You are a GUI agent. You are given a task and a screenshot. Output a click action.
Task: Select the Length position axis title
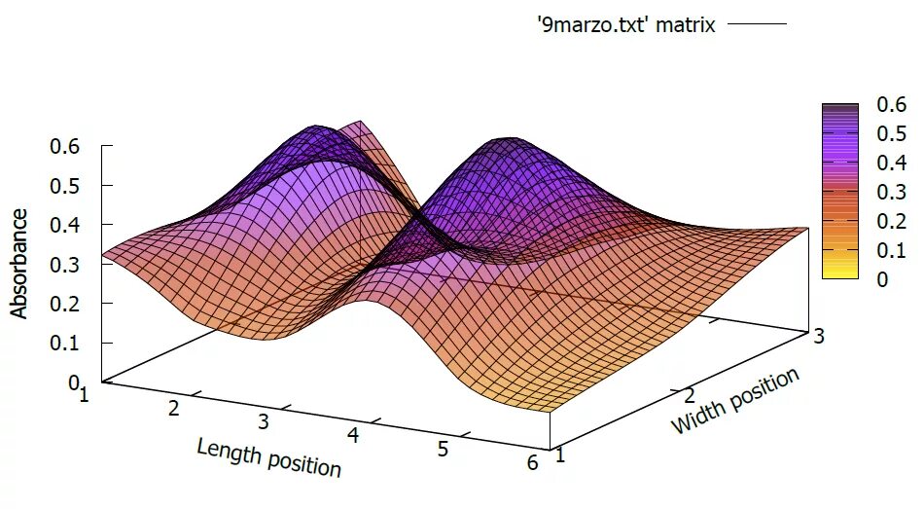(268, 457)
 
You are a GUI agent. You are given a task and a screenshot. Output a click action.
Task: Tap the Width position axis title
(735, 401)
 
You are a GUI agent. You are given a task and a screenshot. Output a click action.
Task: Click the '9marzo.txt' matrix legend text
(625, 25)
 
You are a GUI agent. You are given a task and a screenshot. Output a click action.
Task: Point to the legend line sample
(756, 25)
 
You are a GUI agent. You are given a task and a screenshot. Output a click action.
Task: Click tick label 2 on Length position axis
(174, 408)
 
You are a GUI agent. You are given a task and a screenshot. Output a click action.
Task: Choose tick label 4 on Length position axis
(353, 435)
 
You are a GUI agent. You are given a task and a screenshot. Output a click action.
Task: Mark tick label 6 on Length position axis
(531, 463)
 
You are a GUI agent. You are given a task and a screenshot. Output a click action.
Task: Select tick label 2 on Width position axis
(688, 395)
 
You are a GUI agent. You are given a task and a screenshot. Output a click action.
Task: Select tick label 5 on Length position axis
(443, 449)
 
